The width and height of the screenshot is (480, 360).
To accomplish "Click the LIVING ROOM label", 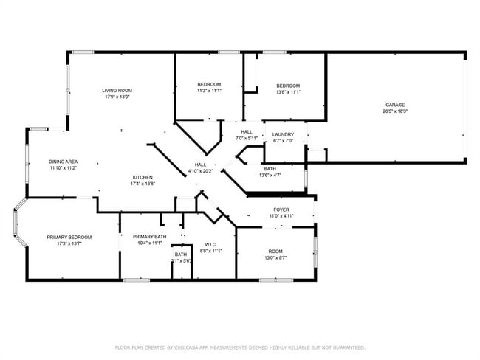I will (x=117, y=90).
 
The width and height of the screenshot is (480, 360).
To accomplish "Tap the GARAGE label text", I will (x=394, y=105).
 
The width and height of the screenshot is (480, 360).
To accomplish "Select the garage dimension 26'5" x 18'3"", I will (x=394, y=111).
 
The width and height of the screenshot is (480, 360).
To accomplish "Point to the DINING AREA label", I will (x=64, y=162).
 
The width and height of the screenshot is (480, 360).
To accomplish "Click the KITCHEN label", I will (x=143, y=177).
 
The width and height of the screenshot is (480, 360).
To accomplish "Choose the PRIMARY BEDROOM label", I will (x=69, y=237).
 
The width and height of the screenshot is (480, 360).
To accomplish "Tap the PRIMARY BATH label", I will (x=150, y=237).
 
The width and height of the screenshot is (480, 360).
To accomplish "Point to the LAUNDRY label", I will (x=283, y=134).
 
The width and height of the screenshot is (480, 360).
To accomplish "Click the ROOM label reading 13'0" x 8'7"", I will (x=275, y=252).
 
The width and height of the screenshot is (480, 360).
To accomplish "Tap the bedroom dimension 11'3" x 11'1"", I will (x=209, y=91).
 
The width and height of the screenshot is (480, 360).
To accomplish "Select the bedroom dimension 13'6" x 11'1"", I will (x=287, y=92).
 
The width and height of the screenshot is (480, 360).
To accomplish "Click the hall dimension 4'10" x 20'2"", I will (x=200, y=171).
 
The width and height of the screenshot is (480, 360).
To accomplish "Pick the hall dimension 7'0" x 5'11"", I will (x=247, y=138).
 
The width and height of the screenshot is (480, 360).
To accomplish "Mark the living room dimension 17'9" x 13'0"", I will (x=117, y=97).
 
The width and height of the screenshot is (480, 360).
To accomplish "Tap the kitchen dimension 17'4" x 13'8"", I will (x=143, y=184).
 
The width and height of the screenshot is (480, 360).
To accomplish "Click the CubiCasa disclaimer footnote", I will (x=240, y=347).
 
